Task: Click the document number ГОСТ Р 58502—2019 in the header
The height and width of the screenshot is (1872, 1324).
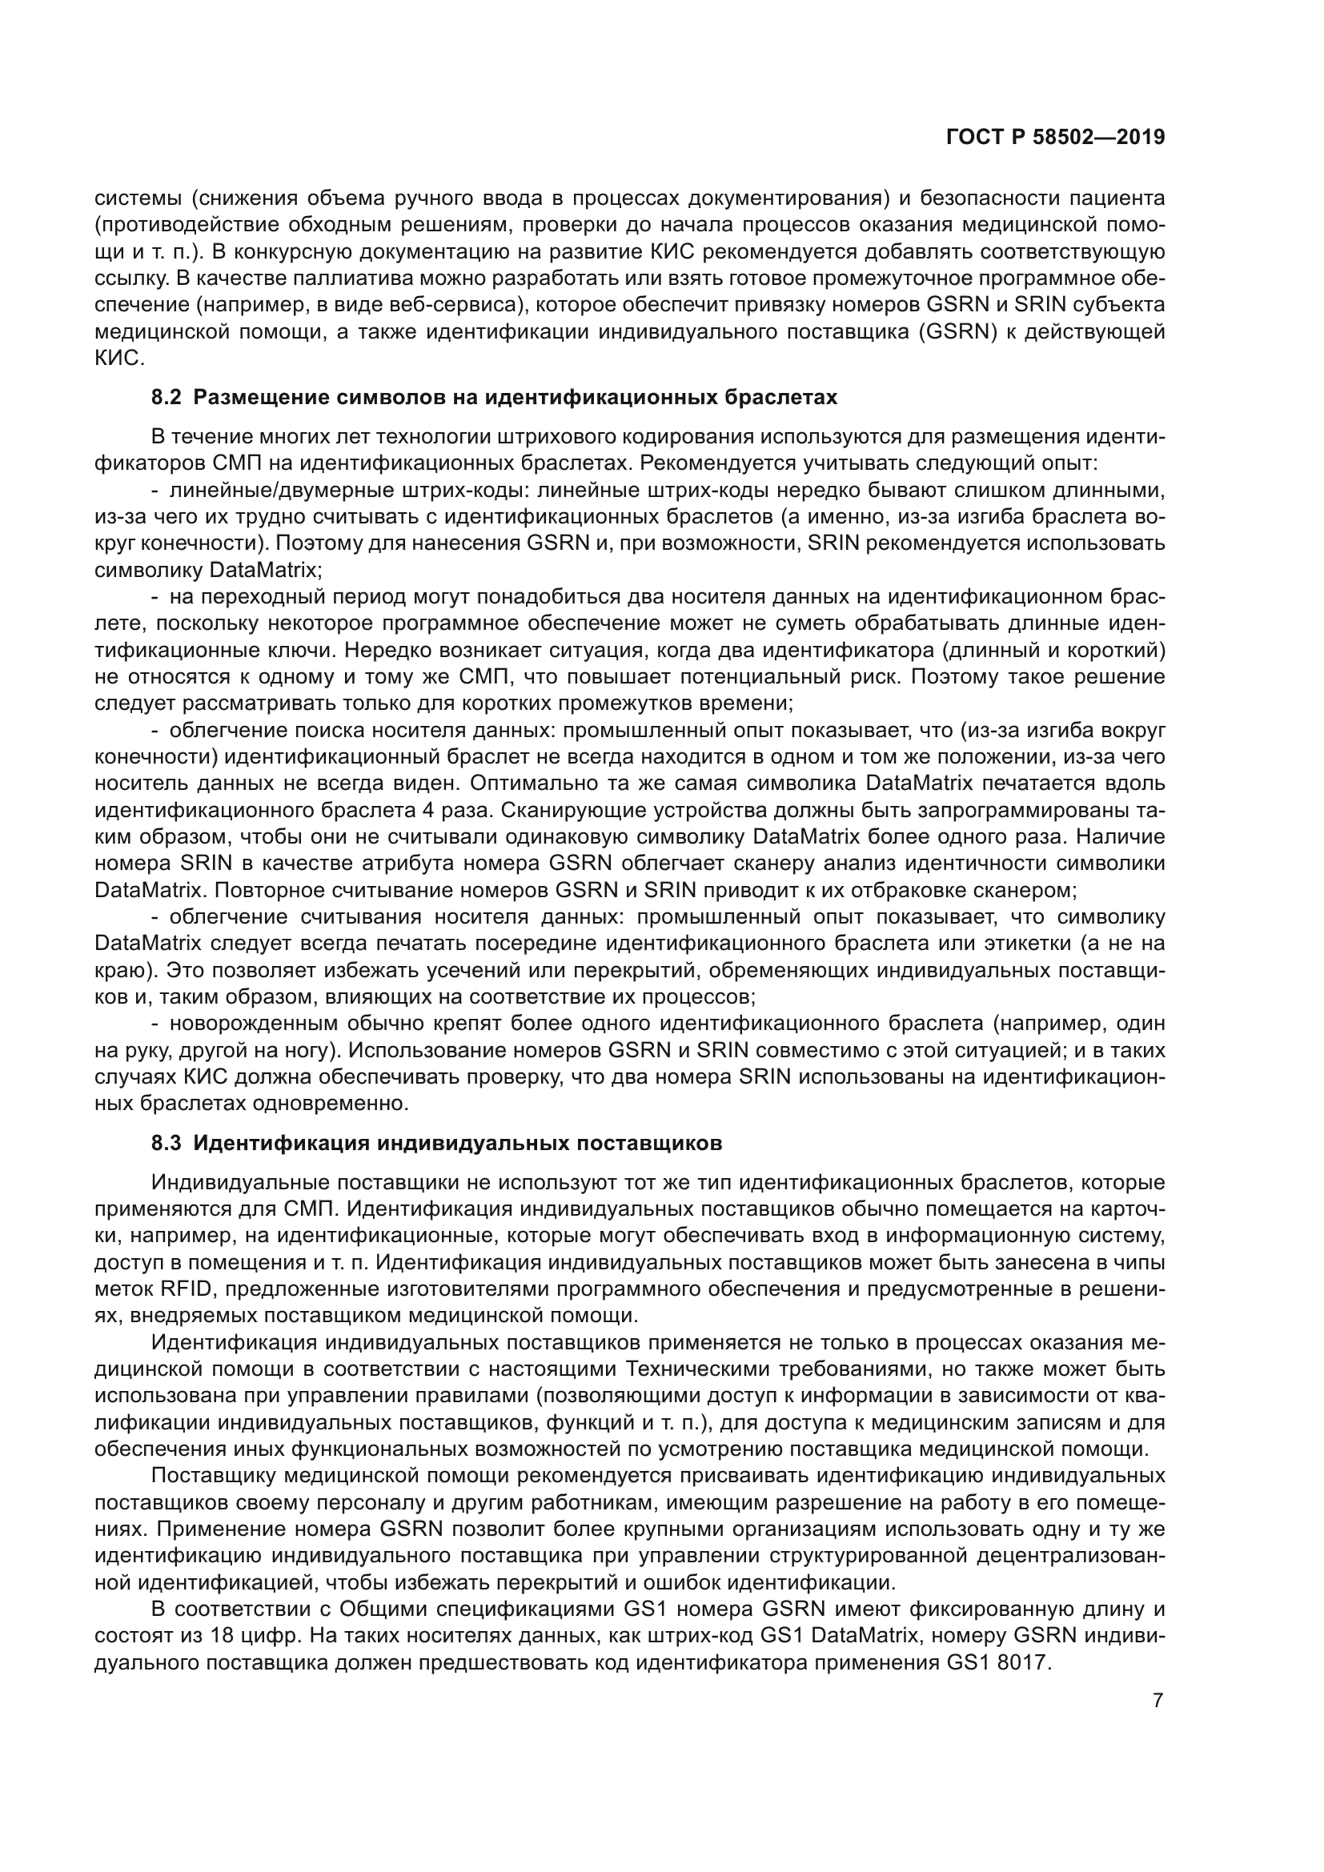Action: pyautogui.click(x=1055, y=138)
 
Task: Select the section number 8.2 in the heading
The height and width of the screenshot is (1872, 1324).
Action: pyautogui.click(x=167, y=398)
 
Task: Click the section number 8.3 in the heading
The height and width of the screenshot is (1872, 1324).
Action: pyautogui.click(x=167, y=1144)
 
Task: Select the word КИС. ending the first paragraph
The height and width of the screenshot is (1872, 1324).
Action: pyautogui.click(x=119, y=358)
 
